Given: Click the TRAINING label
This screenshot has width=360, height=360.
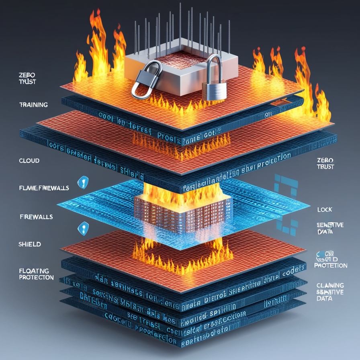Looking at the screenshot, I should coord(33,105).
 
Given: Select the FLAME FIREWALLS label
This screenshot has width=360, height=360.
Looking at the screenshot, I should coord(44,188).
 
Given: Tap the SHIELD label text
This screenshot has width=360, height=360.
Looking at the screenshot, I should coord(30,244).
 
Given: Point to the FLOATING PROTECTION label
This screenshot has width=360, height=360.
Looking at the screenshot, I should coord(36,274).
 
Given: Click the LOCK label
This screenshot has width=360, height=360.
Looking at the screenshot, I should coord(325,210).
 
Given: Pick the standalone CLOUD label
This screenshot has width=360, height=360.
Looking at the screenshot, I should coord(29,161).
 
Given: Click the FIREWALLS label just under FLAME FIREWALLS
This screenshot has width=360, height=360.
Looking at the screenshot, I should coord(36,217).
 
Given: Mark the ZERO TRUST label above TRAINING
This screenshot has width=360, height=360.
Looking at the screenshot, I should coord(27,78).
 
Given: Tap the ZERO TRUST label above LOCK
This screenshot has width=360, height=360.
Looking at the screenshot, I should coord(325,163).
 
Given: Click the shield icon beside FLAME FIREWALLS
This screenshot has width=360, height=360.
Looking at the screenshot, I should coord(83,182).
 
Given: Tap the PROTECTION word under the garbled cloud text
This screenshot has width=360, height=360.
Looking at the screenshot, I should coord(331,266).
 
